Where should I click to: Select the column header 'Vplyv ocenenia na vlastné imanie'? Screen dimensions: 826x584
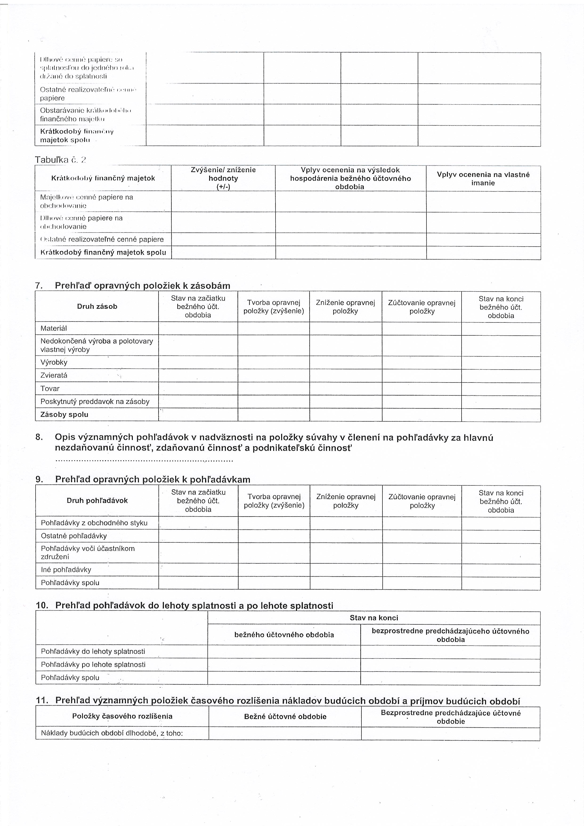[483, 179]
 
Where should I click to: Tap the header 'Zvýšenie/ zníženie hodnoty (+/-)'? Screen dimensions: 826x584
[223, 178]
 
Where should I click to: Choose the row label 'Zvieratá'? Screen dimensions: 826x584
[54, 375]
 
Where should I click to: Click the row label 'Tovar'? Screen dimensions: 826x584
[50, 389]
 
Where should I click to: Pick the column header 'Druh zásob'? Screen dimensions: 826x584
[97, 306]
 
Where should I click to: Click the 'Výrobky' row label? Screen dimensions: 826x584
[54, 362]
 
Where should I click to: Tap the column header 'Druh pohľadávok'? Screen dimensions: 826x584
[97, 500]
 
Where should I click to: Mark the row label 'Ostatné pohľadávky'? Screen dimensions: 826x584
[74, 536]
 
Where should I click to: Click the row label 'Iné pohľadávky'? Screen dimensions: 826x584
[66, 570]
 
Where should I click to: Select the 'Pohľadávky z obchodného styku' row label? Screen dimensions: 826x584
[94, 523]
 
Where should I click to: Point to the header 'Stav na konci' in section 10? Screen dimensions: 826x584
[374, 618]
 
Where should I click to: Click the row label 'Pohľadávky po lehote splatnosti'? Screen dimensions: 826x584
[93, 664]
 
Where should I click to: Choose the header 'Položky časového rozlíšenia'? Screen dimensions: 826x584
[122, 716]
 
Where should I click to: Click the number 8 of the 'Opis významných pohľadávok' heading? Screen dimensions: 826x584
[39, 437]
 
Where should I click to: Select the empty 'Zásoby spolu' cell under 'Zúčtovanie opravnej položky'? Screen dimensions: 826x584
[422, 415]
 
